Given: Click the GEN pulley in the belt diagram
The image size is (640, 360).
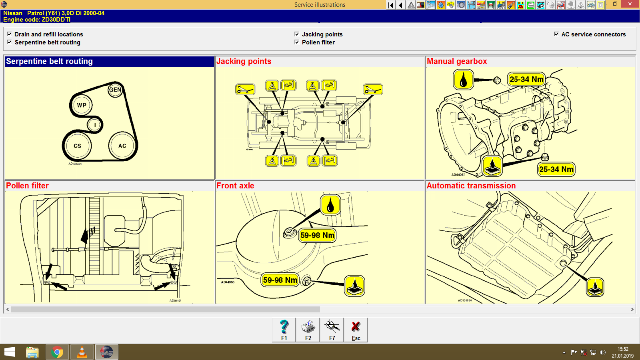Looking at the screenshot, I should [115, 90].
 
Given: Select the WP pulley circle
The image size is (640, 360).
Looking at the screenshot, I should [82, 105].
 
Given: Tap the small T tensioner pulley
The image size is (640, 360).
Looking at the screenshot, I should [95, 125].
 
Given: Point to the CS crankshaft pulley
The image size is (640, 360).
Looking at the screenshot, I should [77, 146].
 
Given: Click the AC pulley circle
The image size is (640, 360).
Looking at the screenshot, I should [122, 146].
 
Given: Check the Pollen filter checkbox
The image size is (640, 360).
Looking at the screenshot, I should [297, 42].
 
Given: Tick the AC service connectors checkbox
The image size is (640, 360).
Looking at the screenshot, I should [556, 34].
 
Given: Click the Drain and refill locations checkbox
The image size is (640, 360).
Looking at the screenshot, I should [9, 34].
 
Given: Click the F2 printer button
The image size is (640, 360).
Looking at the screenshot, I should [308, 330].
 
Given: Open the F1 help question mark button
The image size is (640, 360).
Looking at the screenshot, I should [284, 330].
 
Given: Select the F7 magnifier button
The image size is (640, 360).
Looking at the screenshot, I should [332, 330].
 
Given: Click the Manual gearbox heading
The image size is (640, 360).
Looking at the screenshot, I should [457, 61].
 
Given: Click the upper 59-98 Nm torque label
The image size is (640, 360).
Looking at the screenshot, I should [317, 235].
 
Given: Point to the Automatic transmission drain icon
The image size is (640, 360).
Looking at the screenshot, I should [595, 287].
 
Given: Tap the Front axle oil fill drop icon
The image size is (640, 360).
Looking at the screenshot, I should [330, 205].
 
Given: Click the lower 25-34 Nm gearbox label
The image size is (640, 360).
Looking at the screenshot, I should [556, 169].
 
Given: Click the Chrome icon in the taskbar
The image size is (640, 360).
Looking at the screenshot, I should [57, 352].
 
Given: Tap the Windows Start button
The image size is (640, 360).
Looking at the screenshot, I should [10, 352].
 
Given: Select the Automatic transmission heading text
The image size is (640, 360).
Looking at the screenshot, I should [471, 186].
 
